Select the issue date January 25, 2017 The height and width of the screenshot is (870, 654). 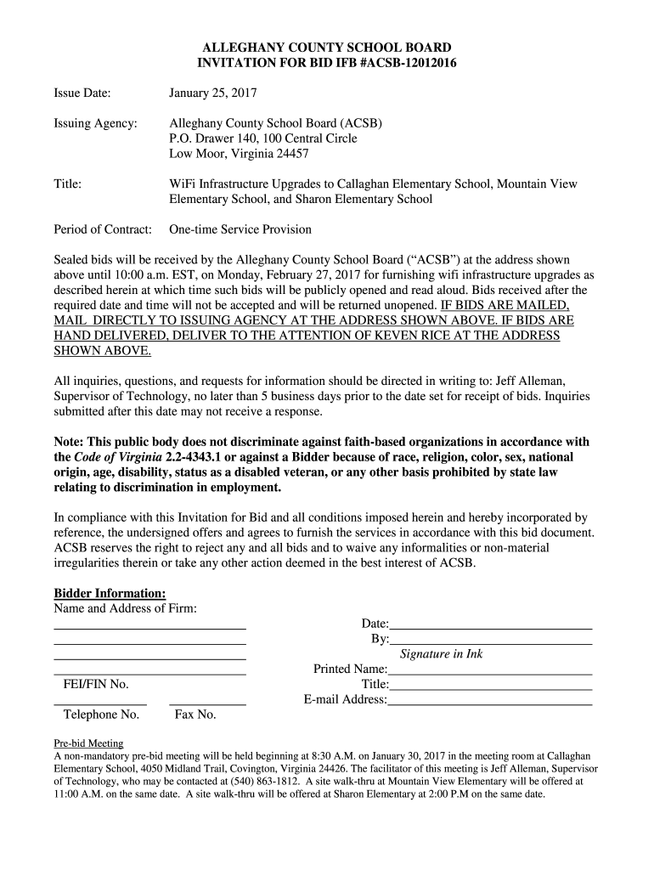(212, 92)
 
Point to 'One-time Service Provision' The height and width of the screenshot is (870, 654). (240, 229)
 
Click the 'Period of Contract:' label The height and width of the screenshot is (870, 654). (103, 229)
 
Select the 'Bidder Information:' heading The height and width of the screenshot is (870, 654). (110, 592)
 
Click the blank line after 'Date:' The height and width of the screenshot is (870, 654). (490, 626)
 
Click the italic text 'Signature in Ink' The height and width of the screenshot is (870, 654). (441, 654)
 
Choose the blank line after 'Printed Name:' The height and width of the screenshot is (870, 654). (490, 672)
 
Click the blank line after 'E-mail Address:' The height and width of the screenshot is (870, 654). (490, 703)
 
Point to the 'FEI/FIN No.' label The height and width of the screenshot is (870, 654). (95, 685)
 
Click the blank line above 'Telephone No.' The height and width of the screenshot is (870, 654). (100, 703)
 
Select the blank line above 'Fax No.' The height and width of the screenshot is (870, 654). (207, 703)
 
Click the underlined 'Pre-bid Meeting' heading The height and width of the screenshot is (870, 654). (88, 742)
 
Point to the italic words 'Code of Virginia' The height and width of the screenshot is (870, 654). (115, 457)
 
